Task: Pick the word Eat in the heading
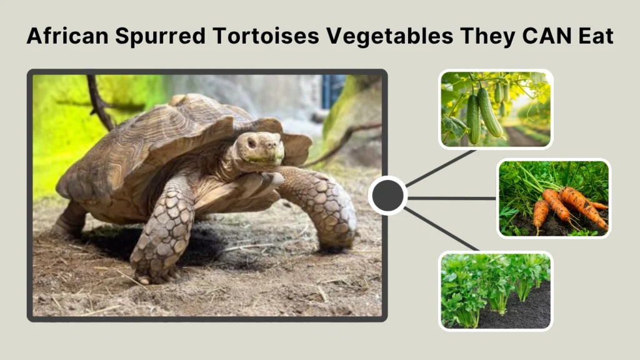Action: [596, 36]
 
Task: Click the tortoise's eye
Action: [251, 142]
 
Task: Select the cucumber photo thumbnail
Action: [496, 109]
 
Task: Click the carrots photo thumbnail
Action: [554, 198]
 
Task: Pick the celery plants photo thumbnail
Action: [496, 291]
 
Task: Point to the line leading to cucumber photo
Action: [441, 167]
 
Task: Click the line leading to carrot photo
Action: [451, 198]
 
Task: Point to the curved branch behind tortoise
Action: [100, 103]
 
